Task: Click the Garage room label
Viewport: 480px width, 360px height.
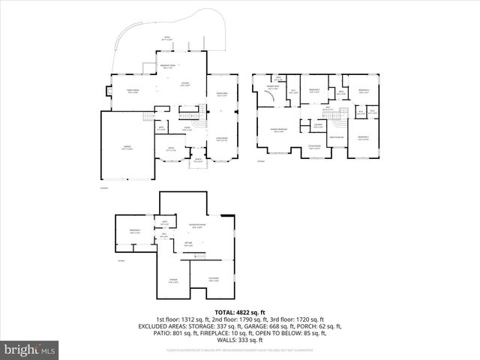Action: (x=126, y=148)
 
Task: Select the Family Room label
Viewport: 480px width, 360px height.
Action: (x=133, y=92)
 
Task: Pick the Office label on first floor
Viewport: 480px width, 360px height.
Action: (x=171, y=149)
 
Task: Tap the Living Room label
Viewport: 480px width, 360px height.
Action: (x=222, y=139)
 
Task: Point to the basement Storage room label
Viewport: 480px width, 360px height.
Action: (x=172, y=282)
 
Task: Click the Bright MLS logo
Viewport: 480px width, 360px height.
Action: (x=30, y=349)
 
